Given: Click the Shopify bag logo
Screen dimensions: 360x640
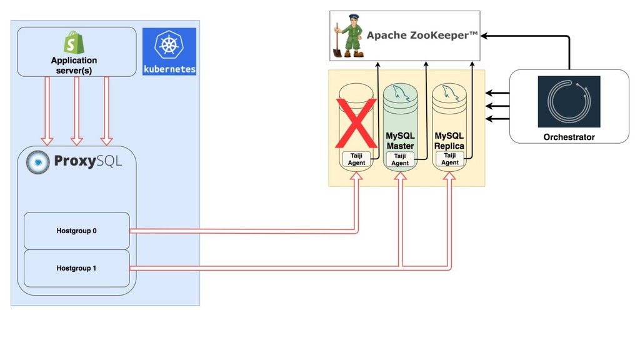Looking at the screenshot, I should pos(74,42).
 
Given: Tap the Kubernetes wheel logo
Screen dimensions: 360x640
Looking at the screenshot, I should pos(169,46).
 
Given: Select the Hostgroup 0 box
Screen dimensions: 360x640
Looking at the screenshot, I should pos(76,231).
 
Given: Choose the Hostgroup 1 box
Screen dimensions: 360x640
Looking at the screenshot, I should pos(76,268).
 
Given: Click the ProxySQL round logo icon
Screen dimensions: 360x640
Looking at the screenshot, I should pos(38,162).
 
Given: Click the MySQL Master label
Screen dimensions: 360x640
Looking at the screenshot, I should pos(400,141).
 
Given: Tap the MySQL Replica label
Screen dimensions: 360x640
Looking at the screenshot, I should pos(449,141).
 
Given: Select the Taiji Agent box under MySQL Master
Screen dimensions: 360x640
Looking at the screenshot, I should pos(400,159).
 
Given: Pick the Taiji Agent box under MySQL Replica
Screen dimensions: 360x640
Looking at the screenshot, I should pos(450,159).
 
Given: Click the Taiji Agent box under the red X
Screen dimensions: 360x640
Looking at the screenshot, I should pos(356,159).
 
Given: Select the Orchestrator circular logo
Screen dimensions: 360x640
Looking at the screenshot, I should pos(569,102).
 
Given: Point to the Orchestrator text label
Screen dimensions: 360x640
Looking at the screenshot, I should pos(569,137).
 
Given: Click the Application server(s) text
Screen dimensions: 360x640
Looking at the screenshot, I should pos(74,65).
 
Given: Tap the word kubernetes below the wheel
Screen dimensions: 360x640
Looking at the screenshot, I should pos(169,69).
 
